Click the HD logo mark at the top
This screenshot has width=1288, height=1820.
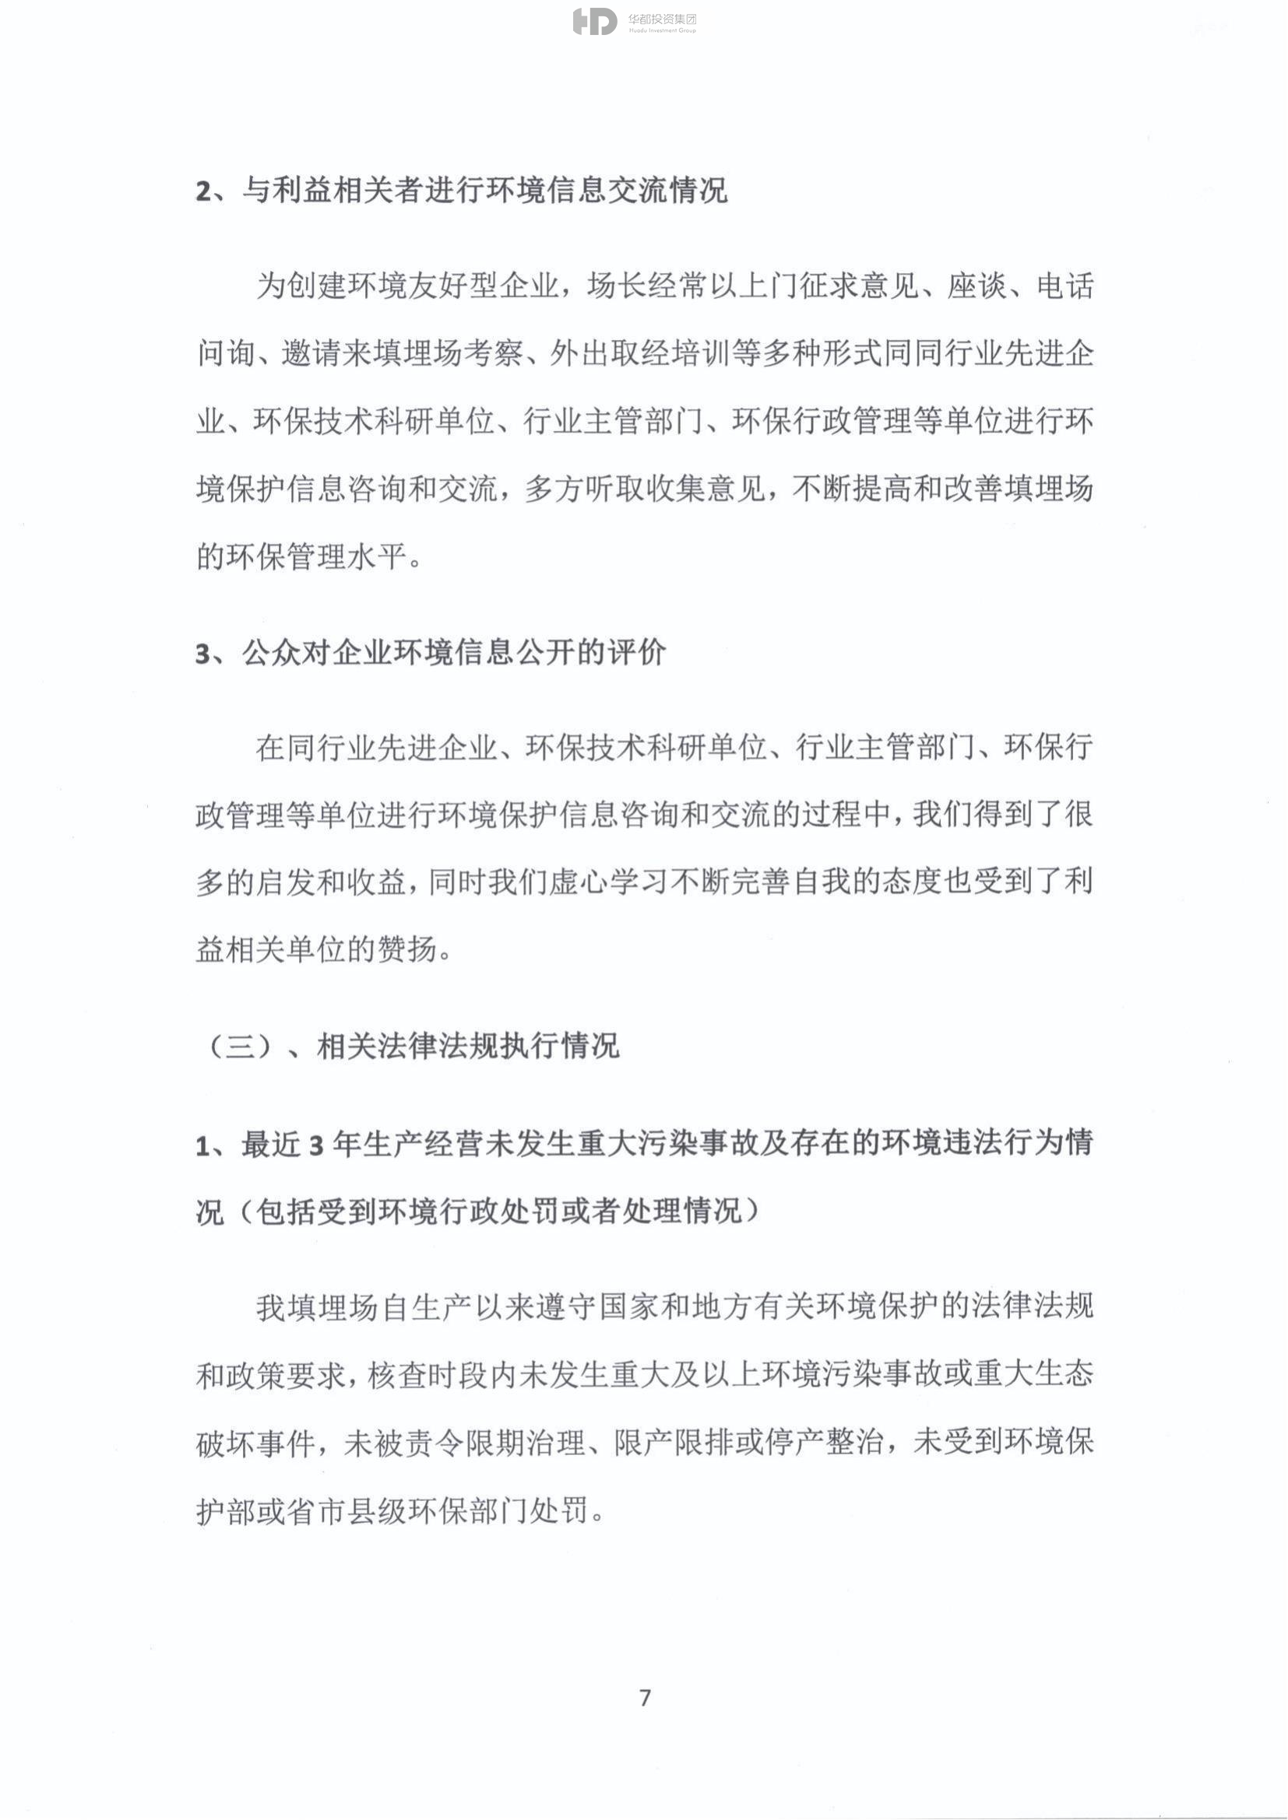594,22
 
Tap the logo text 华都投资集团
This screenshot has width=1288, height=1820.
662,18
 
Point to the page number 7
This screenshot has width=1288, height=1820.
645,1697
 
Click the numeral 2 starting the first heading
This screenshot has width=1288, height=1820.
204,192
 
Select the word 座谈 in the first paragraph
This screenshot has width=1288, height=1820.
977,286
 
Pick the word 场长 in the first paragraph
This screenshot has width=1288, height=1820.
617,286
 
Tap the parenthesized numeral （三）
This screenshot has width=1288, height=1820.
241,1047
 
